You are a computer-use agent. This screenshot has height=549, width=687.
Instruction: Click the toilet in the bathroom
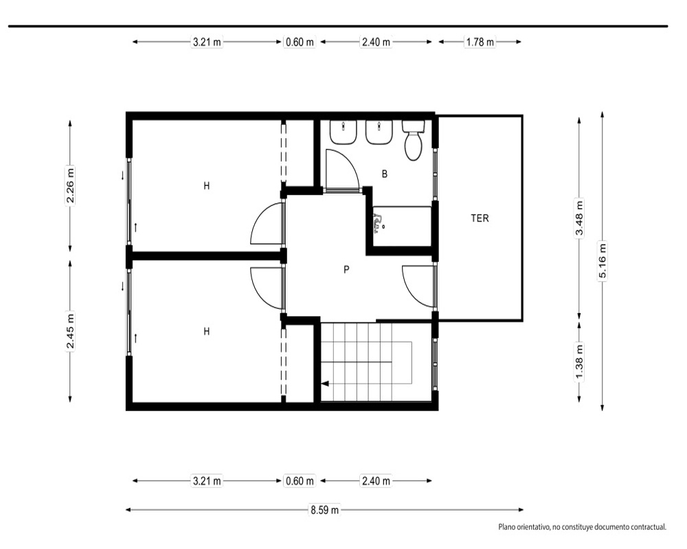(x=414, y=140)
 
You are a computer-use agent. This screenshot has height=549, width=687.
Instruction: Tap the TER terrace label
(x=480, y=218)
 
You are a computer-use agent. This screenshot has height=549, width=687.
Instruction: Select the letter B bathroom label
(x=385, y=174)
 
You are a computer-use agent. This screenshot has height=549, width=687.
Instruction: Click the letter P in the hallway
(x=346, y=270)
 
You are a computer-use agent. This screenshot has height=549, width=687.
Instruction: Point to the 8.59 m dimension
(x=325, y=510)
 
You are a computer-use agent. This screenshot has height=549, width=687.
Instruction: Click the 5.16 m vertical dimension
(x=602, y=261)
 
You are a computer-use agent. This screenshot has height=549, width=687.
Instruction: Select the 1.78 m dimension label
(x=480, y=42)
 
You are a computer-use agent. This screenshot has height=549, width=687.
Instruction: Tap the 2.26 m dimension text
(x=70, y=185)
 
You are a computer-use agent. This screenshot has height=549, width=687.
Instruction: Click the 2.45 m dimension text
(x=70, y=331)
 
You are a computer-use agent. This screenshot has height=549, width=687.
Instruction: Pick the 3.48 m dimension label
(x=579, y=218)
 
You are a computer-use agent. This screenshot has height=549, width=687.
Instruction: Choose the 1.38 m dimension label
(x=579, y=362)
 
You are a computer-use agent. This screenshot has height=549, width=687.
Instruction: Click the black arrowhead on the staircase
(x=325, y=384)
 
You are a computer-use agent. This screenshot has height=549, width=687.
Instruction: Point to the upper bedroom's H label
(x=206, y=186)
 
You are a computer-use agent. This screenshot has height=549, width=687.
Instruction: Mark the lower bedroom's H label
(x=206, y=331)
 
